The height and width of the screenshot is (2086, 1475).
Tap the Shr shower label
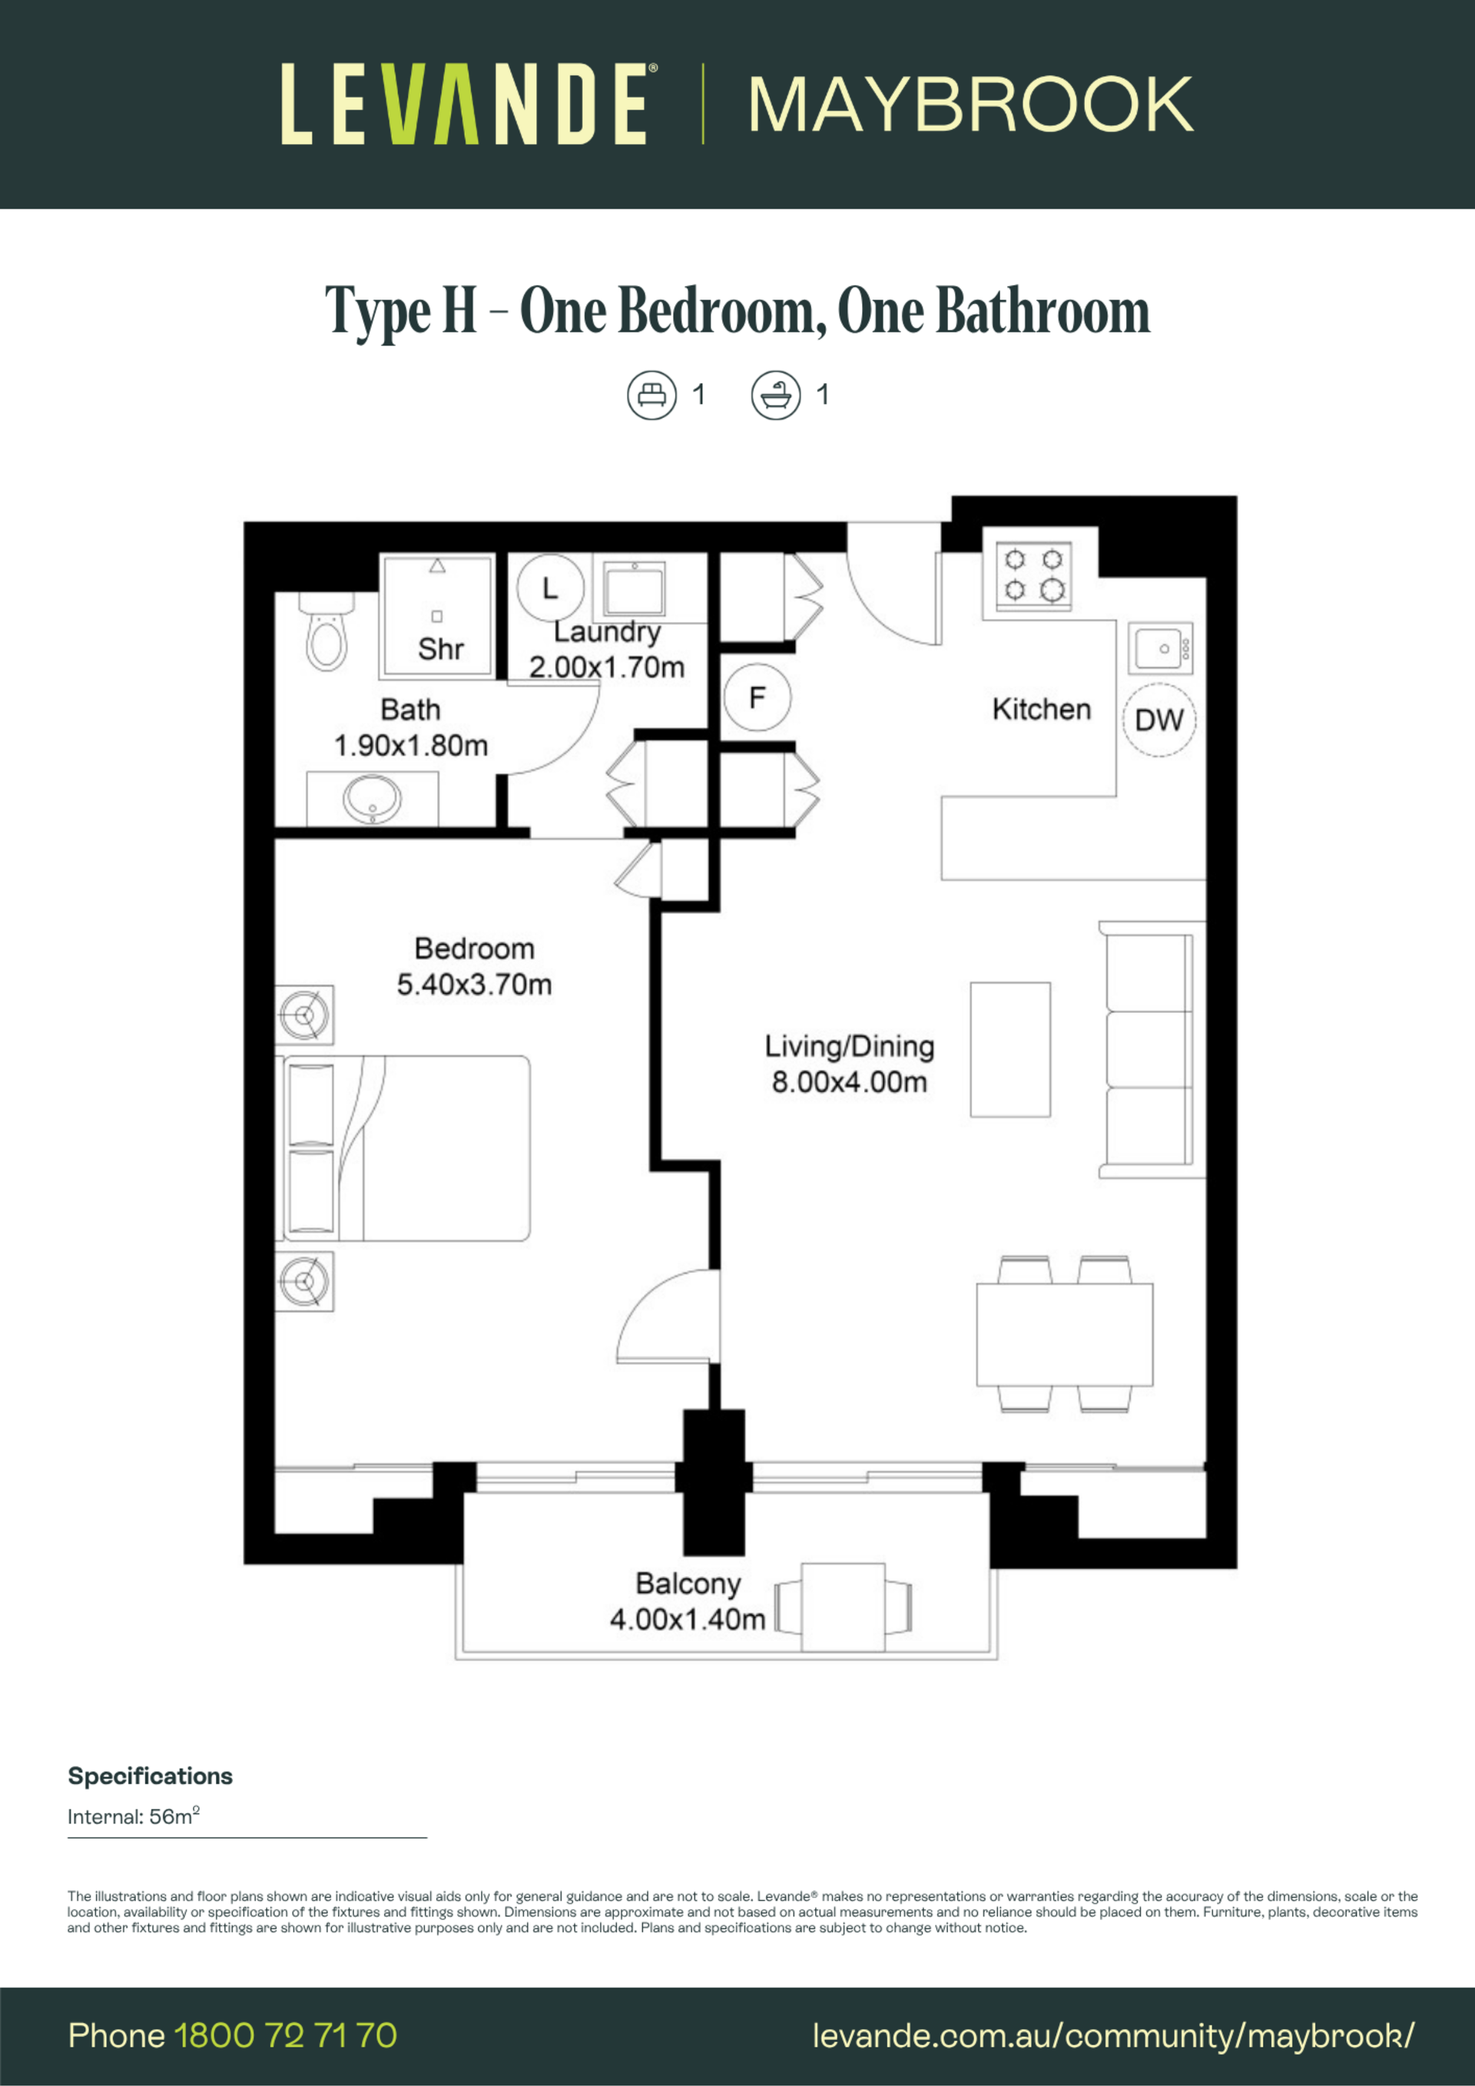[441, 649]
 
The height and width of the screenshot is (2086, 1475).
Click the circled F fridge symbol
[757, 697]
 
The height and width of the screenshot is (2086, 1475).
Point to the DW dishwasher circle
[1158, 720]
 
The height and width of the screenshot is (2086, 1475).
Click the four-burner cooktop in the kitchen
[1033, 576]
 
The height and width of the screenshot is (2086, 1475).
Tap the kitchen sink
[1161, 649]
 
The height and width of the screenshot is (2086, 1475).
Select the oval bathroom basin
[372, 799]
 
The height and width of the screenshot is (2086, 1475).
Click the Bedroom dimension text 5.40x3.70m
[475, 984]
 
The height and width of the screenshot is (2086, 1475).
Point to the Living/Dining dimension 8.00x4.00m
[850, 1082]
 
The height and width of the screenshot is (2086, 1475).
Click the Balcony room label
[688, 1583]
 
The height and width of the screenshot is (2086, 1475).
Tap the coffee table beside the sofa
[1010, 1049]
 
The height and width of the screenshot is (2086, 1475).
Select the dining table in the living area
[1065, 1335]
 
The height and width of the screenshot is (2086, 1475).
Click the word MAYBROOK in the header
[970, 105]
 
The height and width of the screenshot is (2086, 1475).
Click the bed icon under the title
[651, 396]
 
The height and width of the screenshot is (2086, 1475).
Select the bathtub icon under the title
[776, 396]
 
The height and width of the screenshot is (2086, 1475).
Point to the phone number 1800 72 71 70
[285, 2036]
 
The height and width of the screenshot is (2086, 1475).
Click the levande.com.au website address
[1113, 2036]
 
